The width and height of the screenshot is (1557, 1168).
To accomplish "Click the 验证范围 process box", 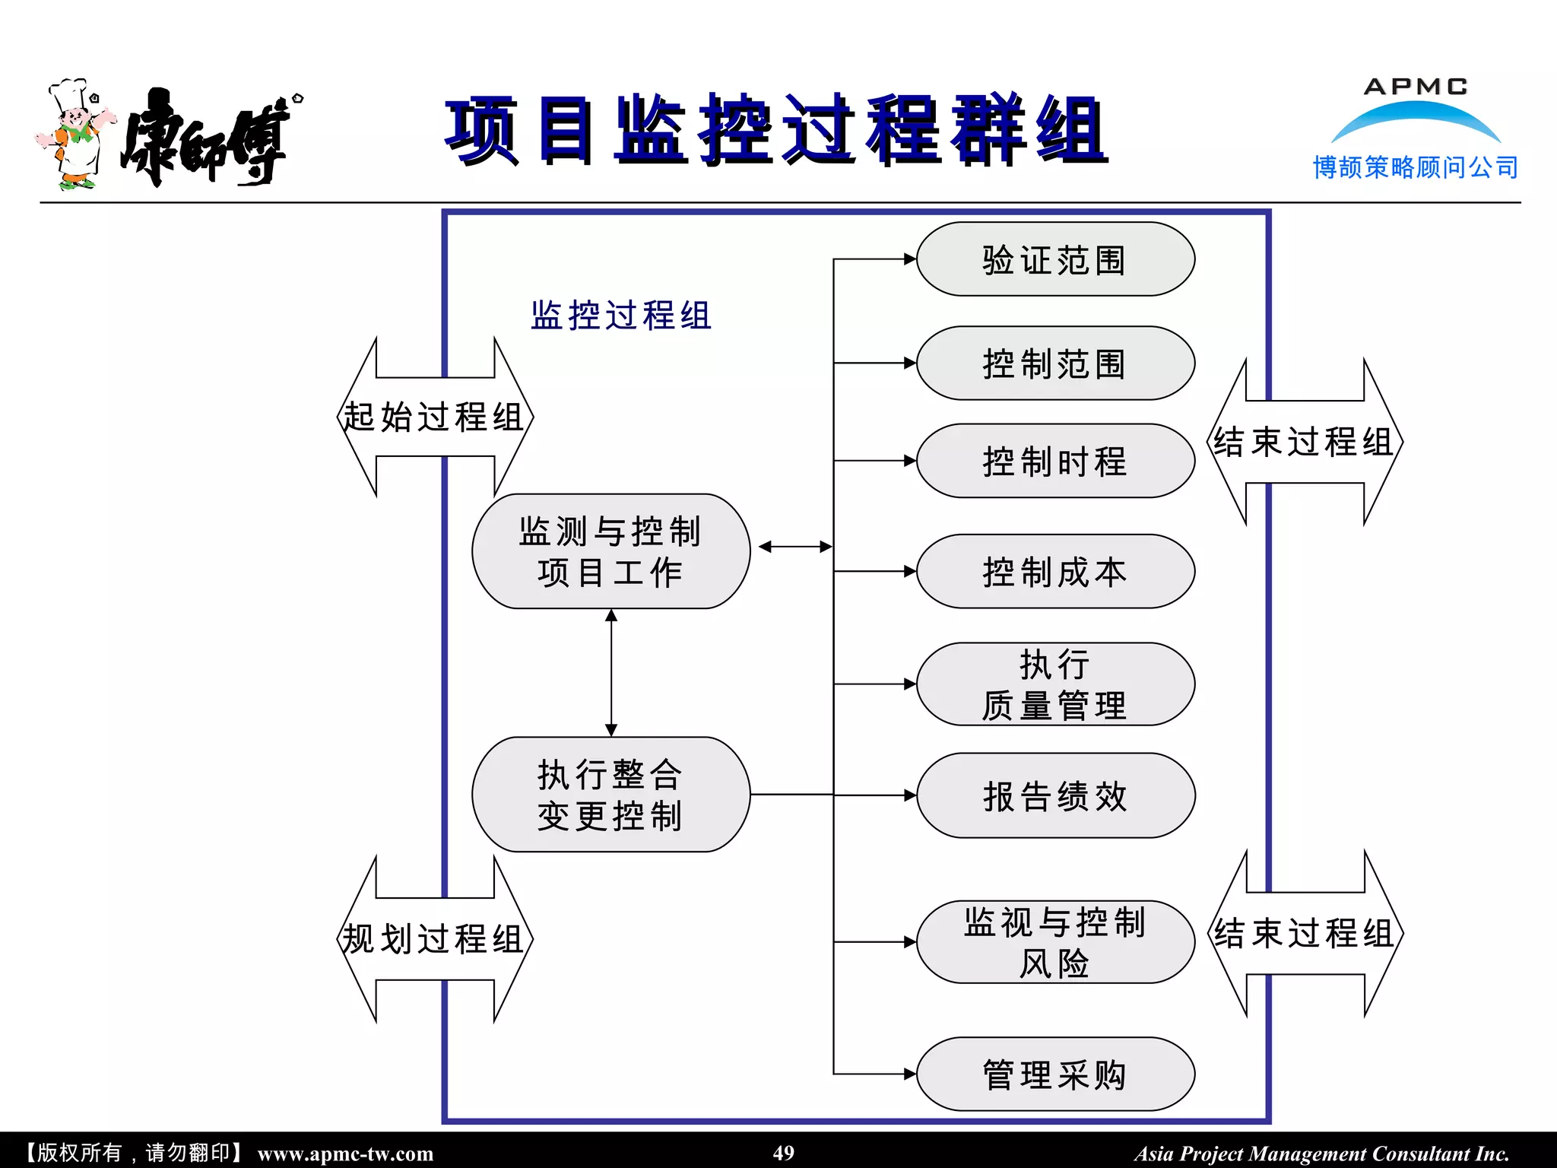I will pos(1055,259).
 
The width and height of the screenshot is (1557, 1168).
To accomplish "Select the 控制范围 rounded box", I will pos(1055,363).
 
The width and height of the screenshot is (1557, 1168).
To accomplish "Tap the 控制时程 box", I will pos(1055,461).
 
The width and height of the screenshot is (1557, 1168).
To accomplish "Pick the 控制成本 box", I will pos(1055,571).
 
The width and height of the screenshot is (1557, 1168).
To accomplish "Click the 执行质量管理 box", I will pos(1055,684).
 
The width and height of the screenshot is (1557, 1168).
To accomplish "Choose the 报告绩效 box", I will pos(1055,795).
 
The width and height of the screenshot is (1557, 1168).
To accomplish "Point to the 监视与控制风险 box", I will pos(1055,942).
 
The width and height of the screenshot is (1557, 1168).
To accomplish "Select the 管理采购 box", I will pos(1055,1074).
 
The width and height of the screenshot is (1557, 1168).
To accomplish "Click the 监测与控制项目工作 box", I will pos(610,551).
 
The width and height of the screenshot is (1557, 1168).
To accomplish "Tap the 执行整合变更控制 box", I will pos(610,795).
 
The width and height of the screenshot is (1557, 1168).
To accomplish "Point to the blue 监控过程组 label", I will pos(620,315).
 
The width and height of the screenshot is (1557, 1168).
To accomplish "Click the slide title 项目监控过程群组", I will pos(775,131).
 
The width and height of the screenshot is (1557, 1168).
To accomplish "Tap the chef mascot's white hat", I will pos(68,93).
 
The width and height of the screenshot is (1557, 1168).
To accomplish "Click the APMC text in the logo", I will pos(1416,87).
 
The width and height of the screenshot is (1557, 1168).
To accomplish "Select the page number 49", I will pos(783,1153).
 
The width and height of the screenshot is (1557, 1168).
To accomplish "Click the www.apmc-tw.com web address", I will pos(345,1154).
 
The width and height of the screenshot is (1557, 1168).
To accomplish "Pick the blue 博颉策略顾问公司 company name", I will pos(1416,167).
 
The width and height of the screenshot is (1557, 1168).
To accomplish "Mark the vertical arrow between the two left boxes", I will pos(611,673).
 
